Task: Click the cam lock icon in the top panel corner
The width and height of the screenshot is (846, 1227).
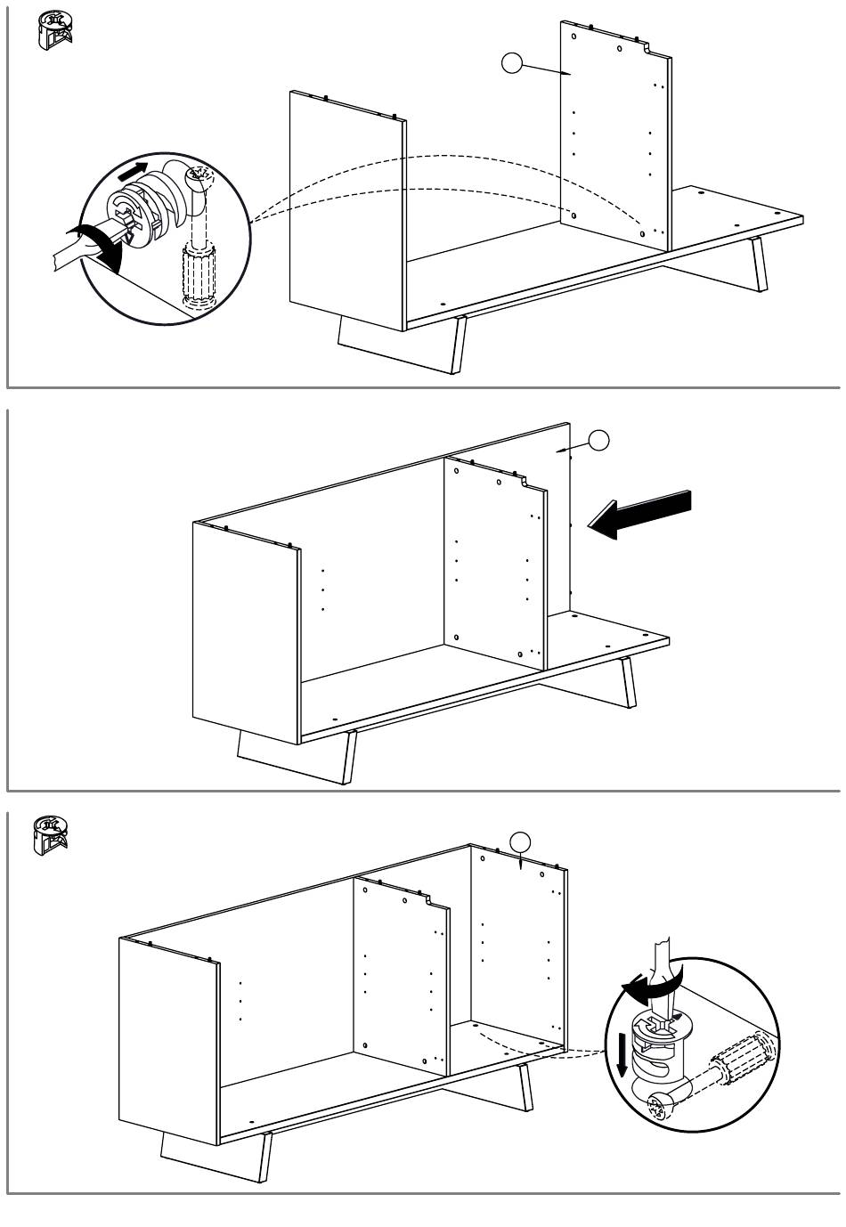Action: [x=53, y=29]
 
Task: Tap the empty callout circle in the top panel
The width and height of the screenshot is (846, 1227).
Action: [x=511, y=63]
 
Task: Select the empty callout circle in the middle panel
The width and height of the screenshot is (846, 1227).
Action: [x=599, y=440]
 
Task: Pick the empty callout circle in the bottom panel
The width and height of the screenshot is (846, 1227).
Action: [x=520, y=840]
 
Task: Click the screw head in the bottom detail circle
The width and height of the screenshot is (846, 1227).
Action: [x=660, y=1109]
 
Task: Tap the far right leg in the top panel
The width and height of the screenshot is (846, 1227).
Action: [x=759, y=264]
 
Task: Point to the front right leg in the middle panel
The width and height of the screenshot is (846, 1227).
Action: [x=349, y=757]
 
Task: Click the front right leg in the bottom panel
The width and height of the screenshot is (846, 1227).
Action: [x=264, y=1158]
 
